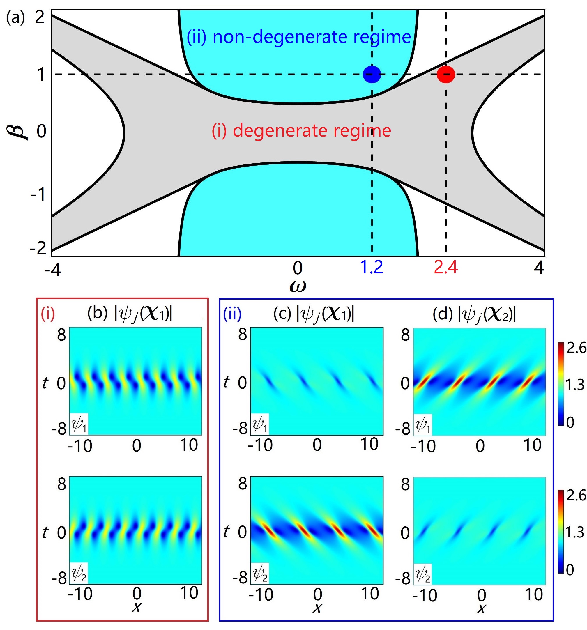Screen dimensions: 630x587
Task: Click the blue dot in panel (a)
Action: click(372, 75)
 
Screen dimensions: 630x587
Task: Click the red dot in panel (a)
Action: click(446, 75)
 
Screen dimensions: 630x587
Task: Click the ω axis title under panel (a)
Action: click(298, 286)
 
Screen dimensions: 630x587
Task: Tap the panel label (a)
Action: click(15, 18)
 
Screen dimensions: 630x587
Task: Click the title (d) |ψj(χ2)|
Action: click(474, 315)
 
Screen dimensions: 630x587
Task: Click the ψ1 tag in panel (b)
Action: click(79, 424)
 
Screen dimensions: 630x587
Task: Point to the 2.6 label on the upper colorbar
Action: click(577, 348)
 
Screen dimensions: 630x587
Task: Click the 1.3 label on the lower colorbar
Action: click(575, 533)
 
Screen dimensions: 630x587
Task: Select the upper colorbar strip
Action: click(561, 383)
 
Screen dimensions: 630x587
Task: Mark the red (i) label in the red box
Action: click(47, 314)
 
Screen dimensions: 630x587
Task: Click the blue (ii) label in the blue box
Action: click(232, 314)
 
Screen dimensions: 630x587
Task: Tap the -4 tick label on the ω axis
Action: click(53, 270)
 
